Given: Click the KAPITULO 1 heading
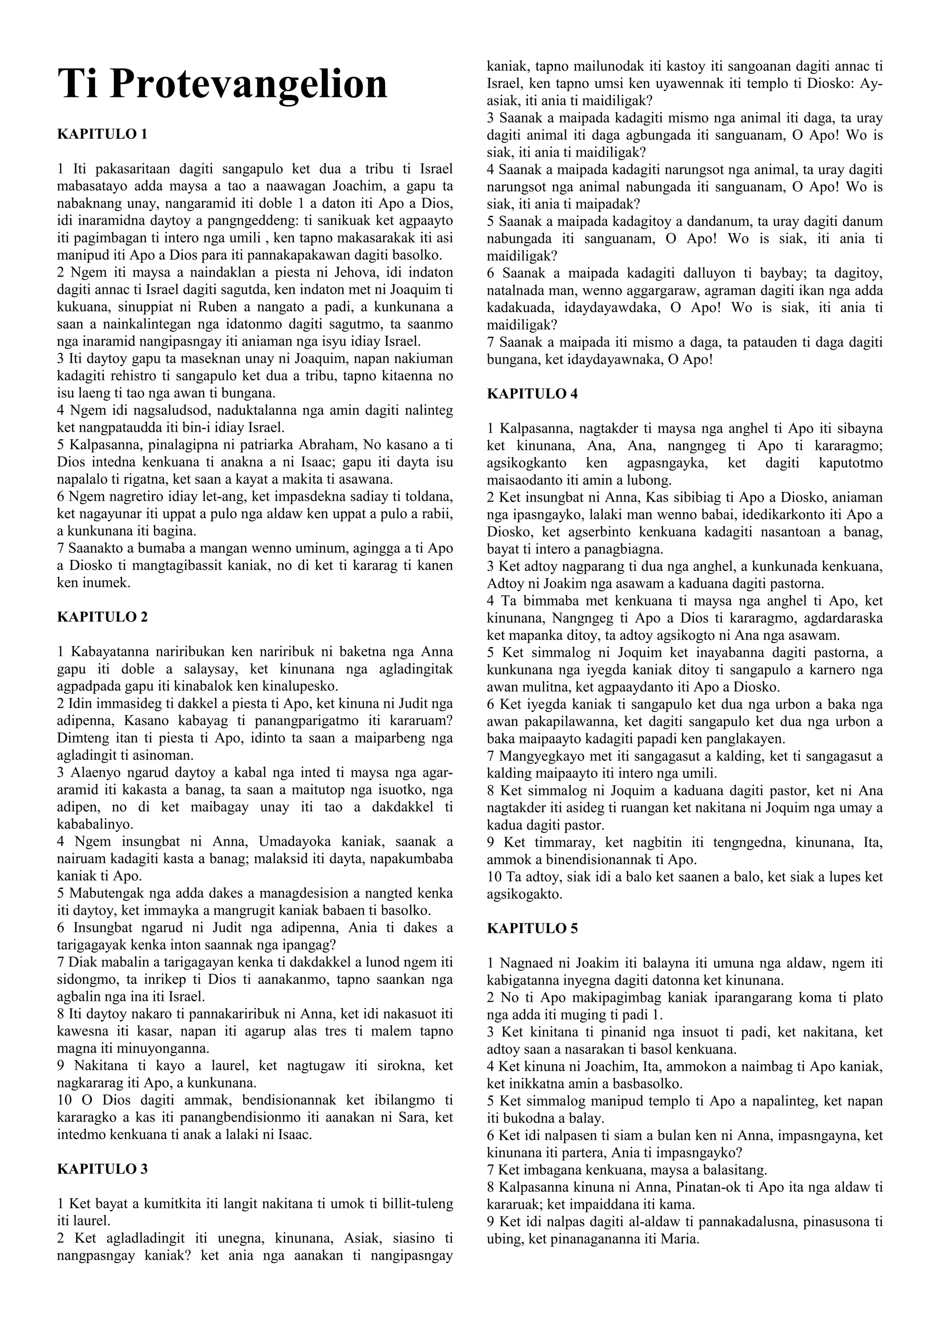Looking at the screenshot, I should (x=102, y=134).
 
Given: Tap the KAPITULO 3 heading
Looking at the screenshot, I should (x=102, y=1169).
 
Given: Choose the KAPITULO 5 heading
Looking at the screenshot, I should (x=532, y=928).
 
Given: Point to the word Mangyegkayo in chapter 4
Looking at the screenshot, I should (x=539, y=756).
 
